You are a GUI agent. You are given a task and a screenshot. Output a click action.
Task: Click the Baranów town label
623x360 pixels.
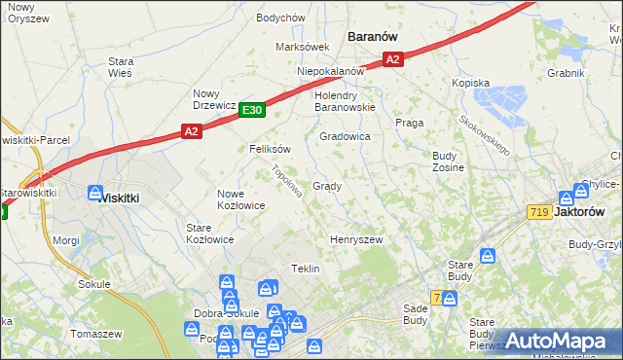373,36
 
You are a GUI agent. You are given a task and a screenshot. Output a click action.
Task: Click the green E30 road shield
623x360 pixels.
251,111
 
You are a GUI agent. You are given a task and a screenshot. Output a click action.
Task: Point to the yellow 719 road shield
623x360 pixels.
538,211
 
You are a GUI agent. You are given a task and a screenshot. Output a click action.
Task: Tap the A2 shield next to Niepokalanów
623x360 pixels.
392,60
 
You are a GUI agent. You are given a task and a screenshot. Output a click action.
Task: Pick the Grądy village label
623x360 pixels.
326,186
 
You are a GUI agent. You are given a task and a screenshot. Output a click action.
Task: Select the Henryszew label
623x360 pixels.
356,239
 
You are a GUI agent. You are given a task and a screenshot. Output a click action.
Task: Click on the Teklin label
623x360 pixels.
306,269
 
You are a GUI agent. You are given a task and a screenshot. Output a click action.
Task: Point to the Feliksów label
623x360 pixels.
271,150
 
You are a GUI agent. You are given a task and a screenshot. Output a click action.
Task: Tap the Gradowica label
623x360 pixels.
345,137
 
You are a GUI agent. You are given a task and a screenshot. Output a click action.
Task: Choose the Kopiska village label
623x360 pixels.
470,84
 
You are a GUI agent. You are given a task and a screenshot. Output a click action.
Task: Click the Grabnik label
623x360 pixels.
566,73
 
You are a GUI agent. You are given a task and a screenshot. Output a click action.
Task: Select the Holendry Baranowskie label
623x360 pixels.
345,102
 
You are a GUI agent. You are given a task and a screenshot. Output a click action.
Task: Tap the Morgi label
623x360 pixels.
66,239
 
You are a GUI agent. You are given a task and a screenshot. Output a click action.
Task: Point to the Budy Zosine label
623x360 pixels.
448,162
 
